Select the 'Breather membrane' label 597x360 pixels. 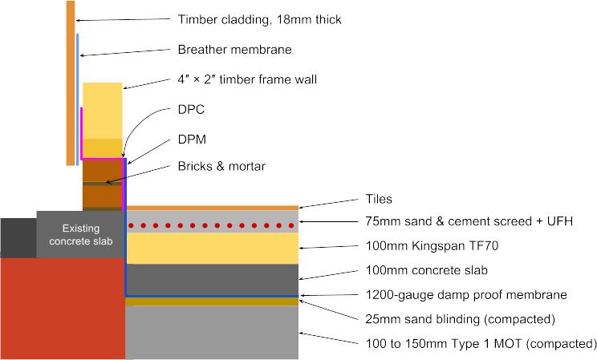[x=234, y=50]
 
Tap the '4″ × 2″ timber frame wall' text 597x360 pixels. [x=247, y=79]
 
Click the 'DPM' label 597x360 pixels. [x=191, y=139]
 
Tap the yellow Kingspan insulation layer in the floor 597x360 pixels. [x=213, y=248]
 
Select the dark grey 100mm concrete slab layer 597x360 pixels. [x=213, y=279]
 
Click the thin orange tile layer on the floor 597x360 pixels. [x=213, y=208]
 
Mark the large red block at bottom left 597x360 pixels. [x=62, y=309]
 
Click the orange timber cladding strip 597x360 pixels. [x=71, y=80]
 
